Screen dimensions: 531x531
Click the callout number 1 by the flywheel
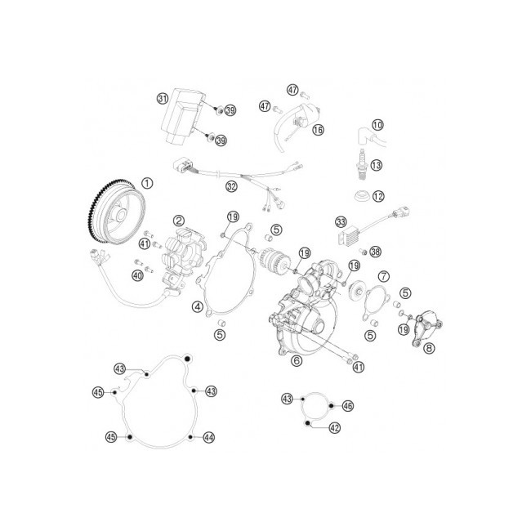click(x=147, y=184)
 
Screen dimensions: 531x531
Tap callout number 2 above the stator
click(x=179, y=221)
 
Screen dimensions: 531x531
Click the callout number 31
click(x=163, y=99)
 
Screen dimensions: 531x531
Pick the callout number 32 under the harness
click(x=232, y=186)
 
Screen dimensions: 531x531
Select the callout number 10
click(x=377, y=125)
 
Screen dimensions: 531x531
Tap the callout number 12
click(x=378, y=196)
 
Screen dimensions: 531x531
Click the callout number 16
click(x=318, y=130)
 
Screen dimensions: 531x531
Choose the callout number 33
click(x=341, y=222)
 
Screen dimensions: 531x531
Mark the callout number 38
click(x=375, y=252)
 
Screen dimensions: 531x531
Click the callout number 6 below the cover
click(x=297, y=360)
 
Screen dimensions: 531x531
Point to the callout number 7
click(x=384, y=276)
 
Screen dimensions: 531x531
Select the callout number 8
click(x=429, y=348)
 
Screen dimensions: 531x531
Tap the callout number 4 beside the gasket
click(x=198, y=307)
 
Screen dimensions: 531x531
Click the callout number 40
click(x=137, y=275)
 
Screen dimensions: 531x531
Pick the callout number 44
click(x=208, y=438)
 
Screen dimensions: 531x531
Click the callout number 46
click(x=348, y=406)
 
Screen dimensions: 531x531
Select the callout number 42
click(x=335, y=428)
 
